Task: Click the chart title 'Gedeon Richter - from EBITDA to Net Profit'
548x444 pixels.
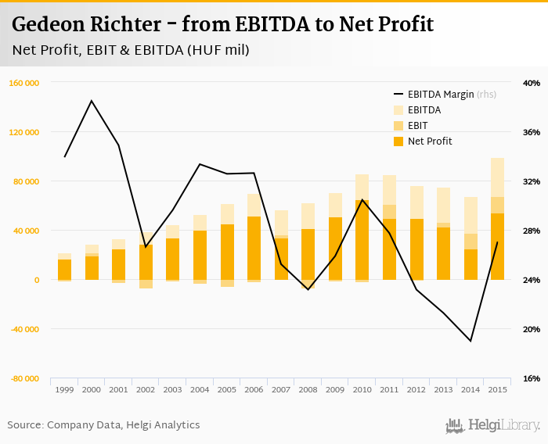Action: [x=222, y=24]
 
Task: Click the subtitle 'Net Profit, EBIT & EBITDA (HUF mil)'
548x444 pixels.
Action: [x=131, y=51]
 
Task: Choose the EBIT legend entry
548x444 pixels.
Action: [x=418, y=126]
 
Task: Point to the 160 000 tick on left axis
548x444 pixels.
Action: [x=24, y=83]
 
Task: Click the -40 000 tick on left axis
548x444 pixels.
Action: [x=24, y=329]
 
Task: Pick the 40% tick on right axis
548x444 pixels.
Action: [x=531, y=83]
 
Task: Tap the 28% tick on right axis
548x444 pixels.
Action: [x=531, y=231]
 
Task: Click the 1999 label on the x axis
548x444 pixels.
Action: [x=64, y=389]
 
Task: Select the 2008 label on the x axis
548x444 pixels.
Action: [x=308, y=389]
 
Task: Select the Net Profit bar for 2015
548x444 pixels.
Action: [x=497, y=246]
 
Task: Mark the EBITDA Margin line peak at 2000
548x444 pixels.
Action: [x=92, y=101]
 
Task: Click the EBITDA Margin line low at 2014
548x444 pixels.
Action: [x=470, y=341]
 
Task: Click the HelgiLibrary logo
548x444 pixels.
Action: [x=493, y=425]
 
